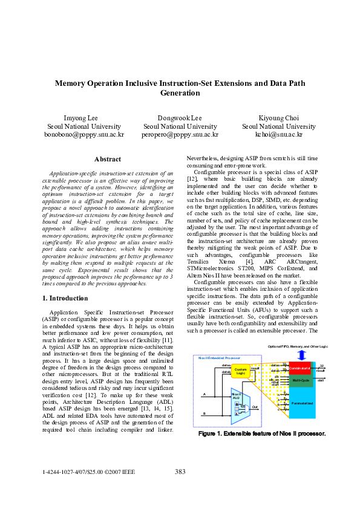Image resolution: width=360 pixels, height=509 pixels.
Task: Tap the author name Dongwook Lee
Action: pyautogui.click(x=180, y=117)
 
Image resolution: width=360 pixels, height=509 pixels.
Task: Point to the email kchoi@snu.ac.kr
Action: pyautogui.click(x=278, y=135)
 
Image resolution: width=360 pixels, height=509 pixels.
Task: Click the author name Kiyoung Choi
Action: pyautogui.click(x=278, y=117)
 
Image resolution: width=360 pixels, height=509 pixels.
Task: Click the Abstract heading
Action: pyautogui.click(x=108, y=159)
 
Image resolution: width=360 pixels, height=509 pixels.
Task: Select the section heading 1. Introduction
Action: pyautogui.click(x=66, y=298)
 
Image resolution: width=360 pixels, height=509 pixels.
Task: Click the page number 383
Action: pyautogui.click(x=180, y=472)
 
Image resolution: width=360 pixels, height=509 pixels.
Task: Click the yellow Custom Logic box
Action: pyautogui.click(x=240, y=371)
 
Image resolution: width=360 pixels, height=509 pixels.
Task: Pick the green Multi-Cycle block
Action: pyautogui.click(x=301, y=380)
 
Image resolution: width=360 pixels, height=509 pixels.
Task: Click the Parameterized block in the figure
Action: pyautogui.click(x=301, y=403)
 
